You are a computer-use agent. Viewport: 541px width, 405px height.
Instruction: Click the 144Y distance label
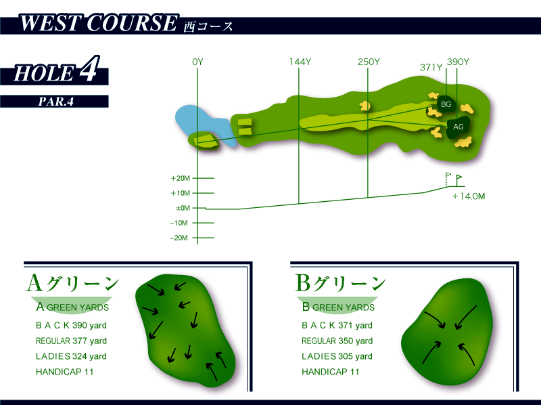pos(300,62)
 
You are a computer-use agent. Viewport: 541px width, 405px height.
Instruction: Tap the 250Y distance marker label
pos(369,62)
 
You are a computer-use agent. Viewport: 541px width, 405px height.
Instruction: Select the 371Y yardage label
pos(431,67)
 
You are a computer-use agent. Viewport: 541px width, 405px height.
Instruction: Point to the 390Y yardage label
pos(458,62)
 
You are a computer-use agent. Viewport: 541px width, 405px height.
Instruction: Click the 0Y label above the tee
pos(197,62)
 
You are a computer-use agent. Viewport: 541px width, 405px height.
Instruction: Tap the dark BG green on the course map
pos(446,104)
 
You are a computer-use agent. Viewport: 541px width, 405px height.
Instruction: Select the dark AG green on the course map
pos(458,127)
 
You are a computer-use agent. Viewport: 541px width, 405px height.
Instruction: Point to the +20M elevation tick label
pos(180,178)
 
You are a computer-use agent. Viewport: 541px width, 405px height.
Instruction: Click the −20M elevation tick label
pos(179,238)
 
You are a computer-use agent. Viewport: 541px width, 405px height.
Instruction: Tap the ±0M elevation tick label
pos(183,208)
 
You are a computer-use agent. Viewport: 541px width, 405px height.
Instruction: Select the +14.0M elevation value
pos(469,196)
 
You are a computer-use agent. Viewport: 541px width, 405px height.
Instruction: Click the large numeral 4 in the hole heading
pos(89,68)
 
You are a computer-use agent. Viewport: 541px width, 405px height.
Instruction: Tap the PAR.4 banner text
pos(55,102)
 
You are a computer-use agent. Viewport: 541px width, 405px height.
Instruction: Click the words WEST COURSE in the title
pos(98,23)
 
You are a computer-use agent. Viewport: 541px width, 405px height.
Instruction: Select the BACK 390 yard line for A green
pos(71,325)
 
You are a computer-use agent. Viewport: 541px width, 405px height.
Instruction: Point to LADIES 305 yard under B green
pos(337,356)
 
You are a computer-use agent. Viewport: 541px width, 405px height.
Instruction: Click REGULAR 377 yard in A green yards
pos(71,341)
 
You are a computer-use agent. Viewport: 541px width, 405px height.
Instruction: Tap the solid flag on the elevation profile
pos(458,180)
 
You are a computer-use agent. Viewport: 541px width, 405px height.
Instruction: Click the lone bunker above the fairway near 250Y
pos(364,106)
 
